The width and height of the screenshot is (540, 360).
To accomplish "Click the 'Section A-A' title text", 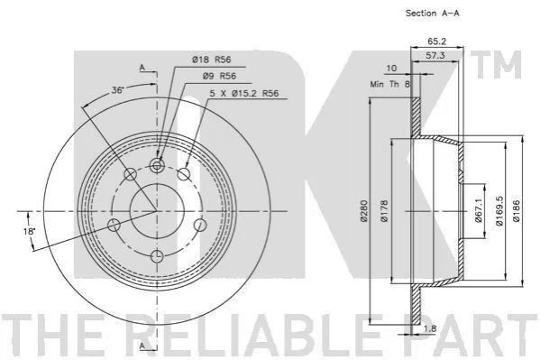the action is pos(432,14).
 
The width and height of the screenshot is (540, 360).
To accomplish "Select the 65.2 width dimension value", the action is pos(436,42).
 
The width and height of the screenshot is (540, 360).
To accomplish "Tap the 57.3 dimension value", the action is pos(435,55).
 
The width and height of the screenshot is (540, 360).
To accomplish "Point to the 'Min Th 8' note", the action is pos(389,84).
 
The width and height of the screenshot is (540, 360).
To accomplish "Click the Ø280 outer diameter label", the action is pos(363,211).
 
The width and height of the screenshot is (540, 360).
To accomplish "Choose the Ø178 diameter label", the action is pos(384,211).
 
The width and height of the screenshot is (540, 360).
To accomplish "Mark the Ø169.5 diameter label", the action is pos(499,211).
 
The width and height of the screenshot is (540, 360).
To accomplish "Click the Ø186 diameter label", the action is pos(517,211).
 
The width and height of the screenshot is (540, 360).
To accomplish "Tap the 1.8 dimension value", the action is pos(429,328).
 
